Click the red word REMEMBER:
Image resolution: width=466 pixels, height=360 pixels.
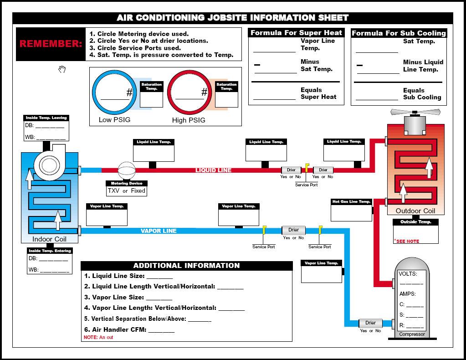tap(51, 44)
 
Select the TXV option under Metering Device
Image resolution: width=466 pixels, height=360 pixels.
tap(113, 190)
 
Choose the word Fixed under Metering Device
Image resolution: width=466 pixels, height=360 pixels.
tap(138, 190)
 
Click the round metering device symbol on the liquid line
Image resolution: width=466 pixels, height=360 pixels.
tap(127, 170)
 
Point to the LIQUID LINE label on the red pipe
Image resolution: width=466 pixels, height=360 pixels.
tap(213, 170)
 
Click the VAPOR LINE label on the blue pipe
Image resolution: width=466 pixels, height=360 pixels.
tap(159, 231)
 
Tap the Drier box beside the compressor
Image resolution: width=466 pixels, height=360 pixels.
tap(370, 323)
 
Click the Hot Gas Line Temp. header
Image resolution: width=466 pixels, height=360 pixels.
tap(351, 201)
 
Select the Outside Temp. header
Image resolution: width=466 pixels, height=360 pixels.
tap(415, 222)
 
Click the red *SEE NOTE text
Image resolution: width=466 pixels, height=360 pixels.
tap(407, 241)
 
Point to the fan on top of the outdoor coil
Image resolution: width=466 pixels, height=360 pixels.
tap(415, 113)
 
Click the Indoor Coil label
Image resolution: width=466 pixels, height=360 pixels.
tap(49, 239)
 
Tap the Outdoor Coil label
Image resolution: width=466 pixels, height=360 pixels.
tap(415, 211)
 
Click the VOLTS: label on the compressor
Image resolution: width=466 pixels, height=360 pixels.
tap(408, 274)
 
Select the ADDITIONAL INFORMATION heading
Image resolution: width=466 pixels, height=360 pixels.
tap(186, 266)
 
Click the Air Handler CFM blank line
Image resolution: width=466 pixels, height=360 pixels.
tap(161, 332)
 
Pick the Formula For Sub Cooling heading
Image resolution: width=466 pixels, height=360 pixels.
tap(399, 33)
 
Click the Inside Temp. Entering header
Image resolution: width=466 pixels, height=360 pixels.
tap(50, 251)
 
